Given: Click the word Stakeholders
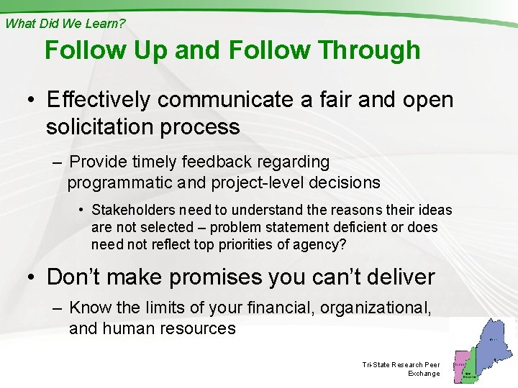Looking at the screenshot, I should (x=134, y=210).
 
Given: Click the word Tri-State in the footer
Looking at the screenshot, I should (x=376, y=365).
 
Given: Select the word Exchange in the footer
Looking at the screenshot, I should (x=423, y=374).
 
